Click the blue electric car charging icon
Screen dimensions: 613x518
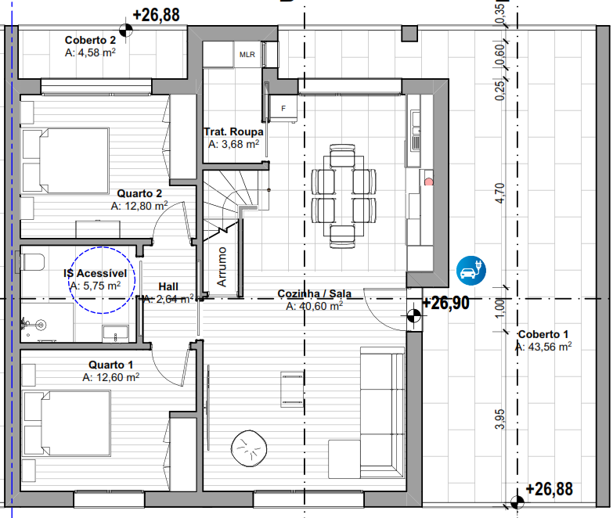(471, 270)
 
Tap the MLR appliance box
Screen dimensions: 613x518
(247, 54)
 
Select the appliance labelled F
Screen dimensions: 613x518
(283, 108)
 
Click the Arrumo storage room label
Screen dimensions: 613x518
(222, 267)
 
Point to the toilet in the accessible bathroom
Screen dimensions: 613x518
(31, 261)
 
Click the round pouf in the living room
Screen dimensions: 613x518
(249, 448)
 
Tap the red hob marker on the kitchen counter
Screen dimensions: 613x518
(429, 182)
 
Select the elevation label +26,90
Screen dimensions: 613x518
(445, 303)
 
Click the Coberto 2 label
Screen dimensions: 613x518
(90, 40)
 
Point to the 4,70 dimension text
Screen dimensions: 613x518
(499, 192)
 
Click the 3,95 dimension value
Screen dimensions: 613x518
(499, 419)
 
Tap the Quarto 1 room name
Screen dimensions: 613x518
(111, 365)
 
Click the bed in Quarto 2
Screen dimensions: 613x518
(65, 160)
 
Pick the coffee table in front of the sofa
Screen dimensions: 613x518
(292, 389)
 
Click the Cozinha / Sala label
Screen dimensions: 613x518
(314, 293)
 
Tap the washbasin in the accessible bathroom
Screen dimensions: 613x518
(115, 334)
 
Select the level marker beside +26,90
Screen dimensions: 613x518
(413, 315)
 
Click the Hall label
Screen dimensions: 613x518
(168, 286)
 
